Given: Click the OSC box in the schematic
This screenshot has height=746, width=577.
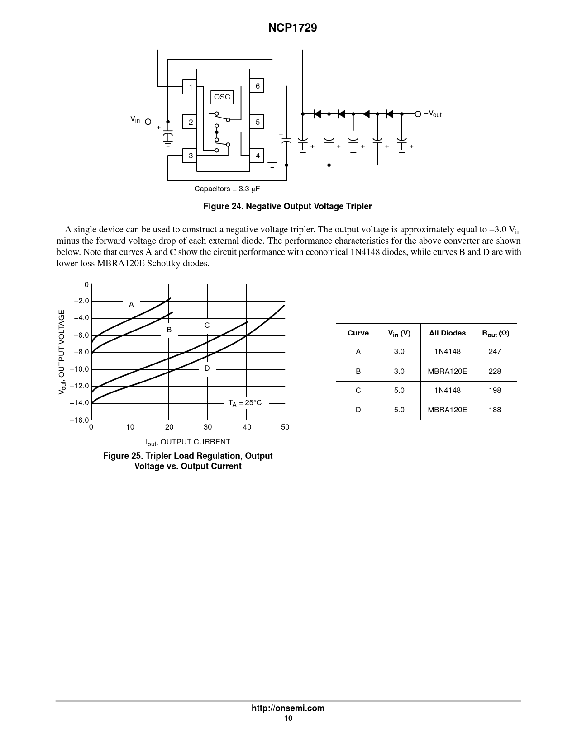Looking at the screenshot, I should coord(222,97).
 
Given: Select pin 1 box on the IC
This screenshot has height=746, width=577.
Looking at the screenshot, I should coord(191,87).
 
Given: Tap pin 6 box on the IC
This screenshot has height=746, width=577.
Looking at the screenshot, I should coord(257,86).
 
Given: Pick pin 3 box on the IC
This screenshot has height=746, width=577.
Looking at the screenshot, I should coord(191,156).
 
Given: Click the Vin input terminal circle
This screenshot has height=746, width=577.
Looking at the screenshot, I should coord(148,122).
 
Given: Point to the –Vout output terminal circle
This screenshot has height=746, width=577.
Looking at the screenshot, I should coord(418,114).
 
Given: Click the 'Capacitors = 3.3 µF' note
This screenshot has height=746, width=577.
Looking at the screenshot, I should coord(227,189).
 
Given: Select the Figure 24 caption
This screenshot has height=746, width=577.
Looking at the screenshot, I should coord(287,207).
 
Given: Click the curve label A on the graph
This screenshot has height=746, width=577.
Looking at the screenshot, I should coord(131,305).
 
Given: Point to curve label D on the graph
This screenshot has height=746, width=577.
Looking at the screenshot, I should coord(207,368).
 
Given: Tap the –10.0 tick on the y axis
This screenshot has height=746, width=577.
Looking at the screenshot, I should coord(79,369).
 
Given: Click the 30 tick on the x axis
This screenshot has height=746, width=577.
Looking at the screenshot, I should coord(208,427).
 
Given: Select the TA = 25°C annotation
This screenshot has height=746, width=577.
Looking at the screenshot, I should coord(245,403).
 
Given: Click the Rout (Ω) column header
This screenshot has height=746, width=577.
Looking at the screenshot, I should coord(496,333).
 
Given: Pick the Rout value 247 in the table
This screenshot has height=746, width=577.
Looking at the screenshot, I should coord(495,352).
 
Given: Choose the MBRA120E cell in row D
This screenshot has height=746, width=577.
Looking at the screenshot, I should coord(447,410).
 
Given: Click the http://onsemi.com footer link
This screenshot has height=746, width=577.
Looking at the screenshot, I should coord(288,708).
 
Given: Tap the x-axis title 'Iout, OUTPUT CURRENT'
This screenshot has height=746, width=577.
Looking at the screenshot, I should coord(188,442).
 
